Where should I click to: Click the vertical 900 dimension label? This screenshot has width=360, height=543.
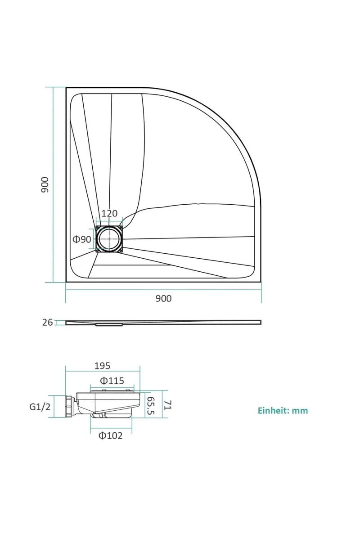coord(45,185)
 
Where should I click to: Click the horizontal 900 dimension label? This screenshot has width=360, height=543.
coord(163,298)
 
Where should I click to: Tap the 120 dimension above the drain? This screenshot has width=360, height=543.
coord(109,213)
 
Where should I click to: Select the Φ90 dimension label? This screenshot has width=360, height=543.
coord(82,239)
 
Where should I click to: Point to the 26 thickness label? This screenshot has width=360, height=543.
coord(47,323)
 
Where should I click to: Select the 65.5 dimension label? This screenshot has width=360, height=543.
coord(151,406)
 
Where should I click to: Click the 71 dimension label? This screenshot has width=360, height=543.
coord(168,405)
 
